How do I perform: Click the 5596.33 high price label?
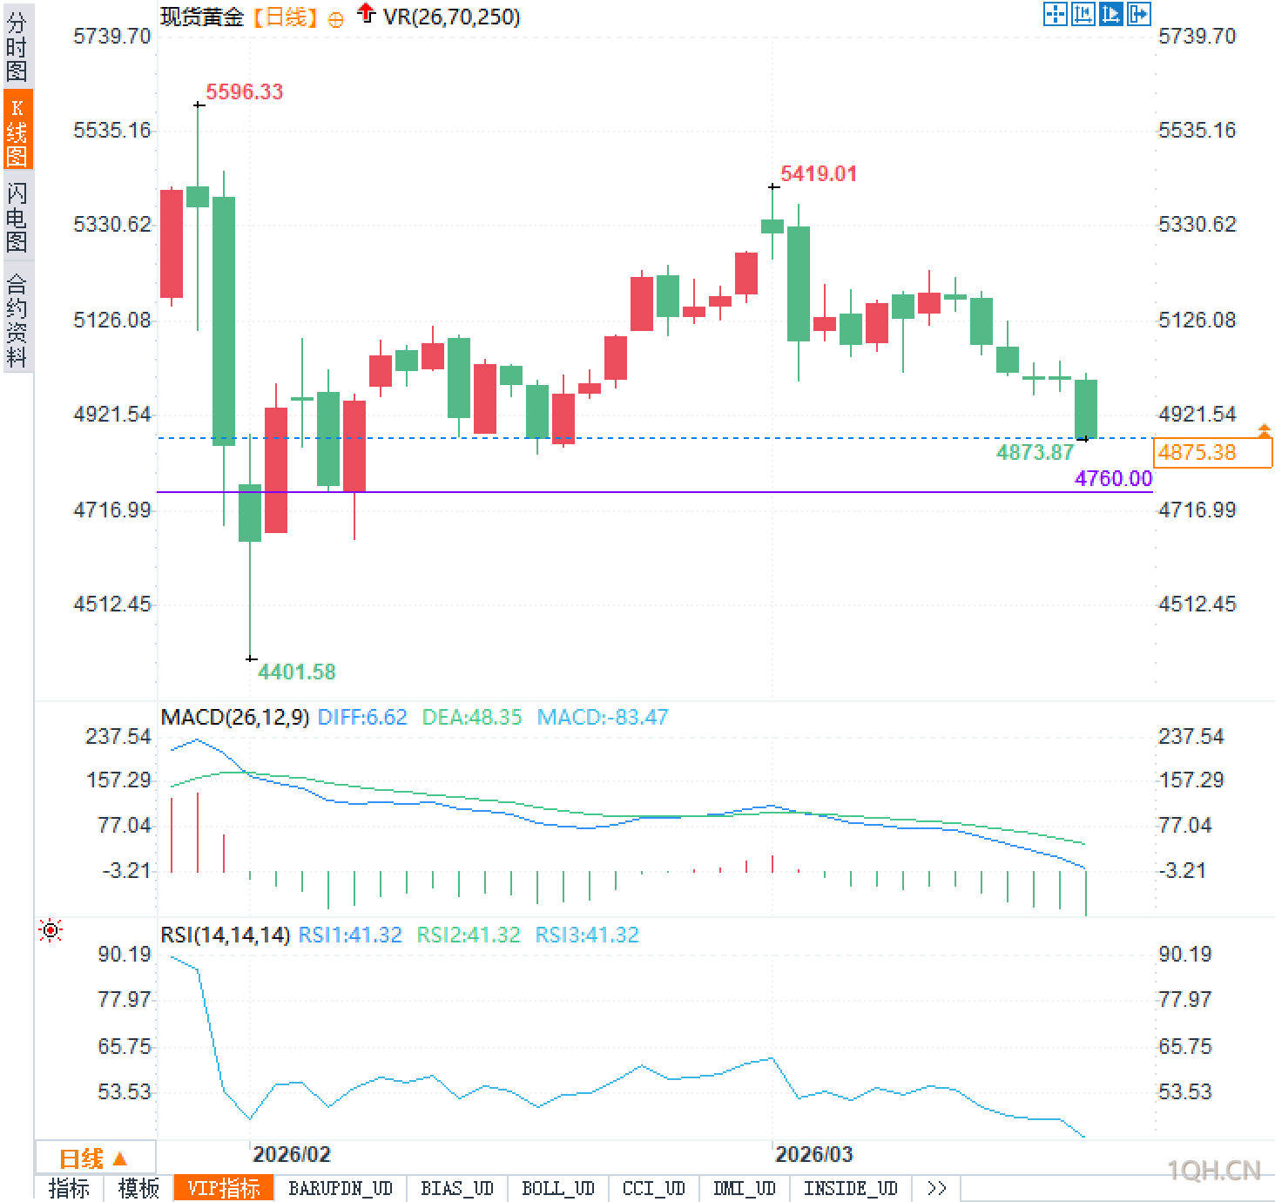(x=244, y=91)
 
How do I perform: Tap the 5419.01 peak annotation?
(x=818, y=173)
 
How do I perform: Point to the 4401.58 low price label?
(x=296, y=672)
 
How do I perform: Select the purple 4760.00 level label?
(x=1113, y=478)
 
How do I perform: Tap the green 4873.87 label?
(x=1035, y=452)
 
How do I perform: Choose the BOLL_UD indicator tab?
(x=557, y=1188)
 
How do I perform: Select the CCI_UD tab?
(x=653, y=1188)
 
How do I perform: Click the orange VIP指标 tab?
(x=224, y=1188)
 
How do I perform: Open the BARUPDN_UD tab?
(x=341, y=1188)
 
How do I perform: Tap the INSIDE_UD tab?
(x=850, y=1188)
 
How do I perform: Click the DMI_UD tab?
(x=744, y=1188)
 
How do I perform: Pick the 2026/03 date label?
(x=813, y=1155)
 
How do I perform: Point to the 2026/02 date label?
(x=291, y=1155)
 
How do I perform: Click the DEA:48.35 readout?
(x=471, y=717)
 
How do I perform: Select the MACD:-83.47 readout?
(x=603, y=717)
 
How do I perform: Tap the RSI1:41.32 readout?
(x=350, y=935)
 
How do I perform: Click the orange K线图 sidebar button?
(x=17, y=132)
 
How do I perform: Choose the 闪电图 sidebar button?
(x=17, y=217)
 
